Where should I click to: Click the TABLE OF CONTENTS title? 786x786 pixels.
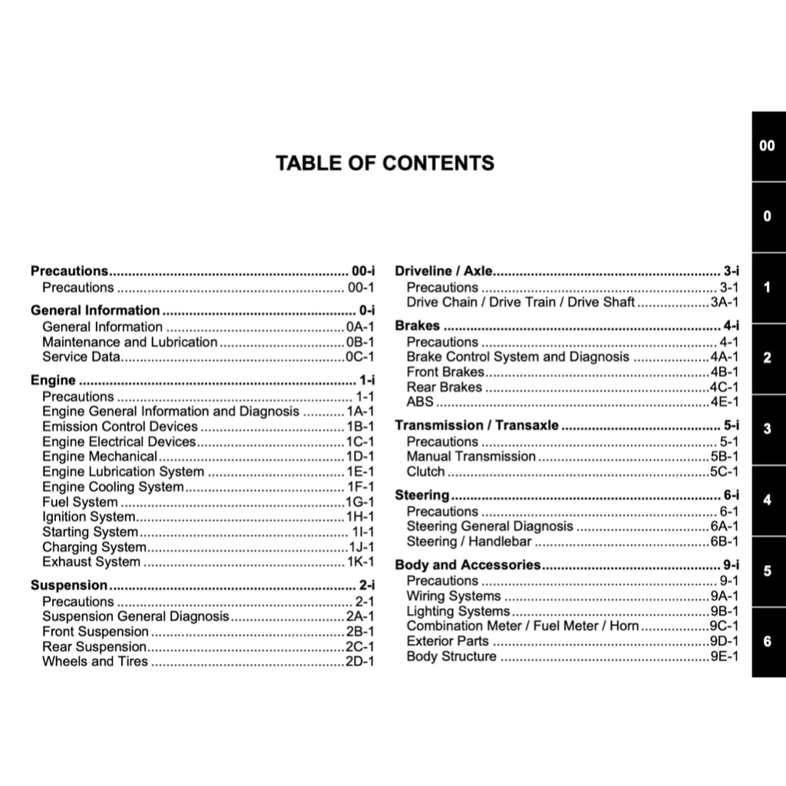[385, 163]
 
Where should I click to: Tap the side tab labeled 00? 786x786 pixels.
[767, 146]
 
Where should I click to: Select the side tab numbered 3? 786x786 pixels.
[767, 429]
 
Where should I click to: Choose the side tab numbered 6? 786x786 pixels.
[767, 641]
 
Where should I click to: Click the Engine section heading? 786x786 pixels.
[53, 380]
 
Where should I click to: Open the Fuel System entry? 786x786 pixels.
[80, 502]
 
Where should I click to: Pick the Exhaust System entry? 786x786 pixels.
[91, 562]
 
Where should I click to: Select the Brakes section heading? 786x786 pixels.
[417, 325]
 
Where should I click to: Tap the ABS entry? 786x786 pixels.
[420, 401]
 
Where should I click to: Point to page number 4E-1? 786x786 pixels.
[725, 401]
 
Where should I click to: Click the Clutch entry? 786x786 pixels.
[425, 471]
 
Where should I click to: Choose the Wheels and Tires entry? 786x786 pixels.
[95, 661]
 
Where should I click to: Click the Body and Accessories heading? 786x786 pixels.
[467, 565]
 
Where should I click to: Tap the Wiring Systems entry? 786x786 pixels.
[454, 596]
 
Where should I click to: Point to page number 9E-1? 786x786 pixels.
[725, 656]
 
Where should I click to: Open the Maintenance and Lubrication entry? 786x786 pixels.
[130, 342]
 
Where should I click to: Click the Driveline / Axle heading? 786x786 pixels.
[443, 271]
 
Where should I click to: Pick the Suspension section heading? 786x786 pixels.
[68, 585]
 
